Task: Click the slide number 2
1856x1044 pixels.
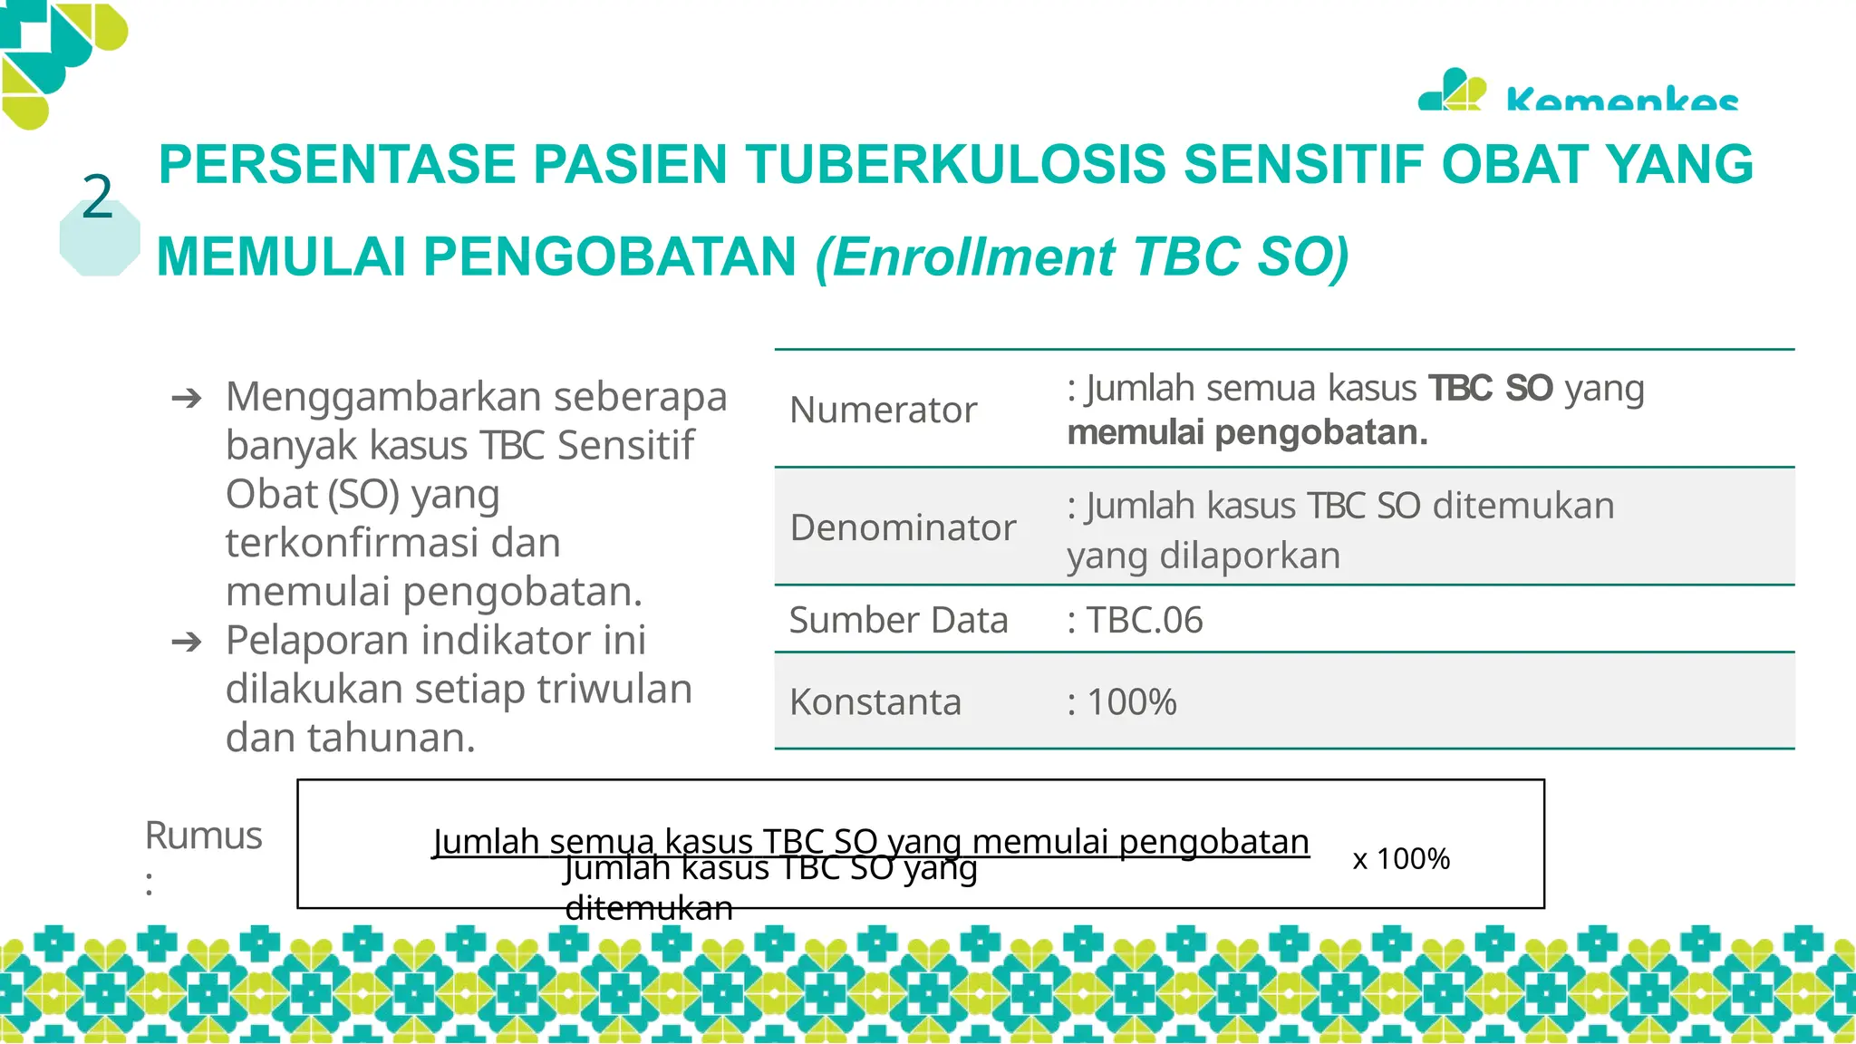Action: (x=98, y=197)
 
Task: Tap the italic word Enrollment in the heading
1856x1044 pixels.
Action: (x=974, y=257)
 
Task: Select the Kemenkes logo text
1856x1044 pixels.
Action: (x=1621, y=100)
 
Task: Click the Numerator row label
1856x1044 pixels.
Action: (x=883, y=410)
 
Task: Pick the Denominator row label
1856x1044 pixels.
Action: (x=903, y=527)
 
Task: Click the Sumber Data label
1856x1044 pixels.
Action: (x=898, y=620)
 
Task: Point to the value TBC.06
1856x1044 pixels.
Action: (x=1144, y=620)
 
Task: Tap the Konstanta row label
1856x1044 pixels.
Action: (x=875, y=701)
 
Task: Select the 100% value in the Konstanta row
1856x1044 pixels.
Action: (x=1131, y=701)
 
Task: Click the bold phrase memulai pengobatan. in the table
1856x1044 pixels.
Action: (x=1247, y=433)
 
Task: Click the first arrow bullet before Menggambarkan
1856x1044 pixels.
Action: (x=187, y=398)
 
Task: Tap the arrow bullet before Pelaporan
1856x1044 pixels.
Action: (x=187, y=642)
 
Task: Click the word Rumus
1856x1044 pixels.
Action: (x=203, y=835)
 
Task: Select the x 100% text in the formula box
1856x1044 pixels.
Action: (x=1401, y=858)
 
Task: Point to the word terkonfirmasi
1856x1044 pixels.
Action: (x=352, y=543)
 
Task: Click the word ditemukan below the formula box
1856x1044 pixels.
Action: (x=649, y=907)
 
